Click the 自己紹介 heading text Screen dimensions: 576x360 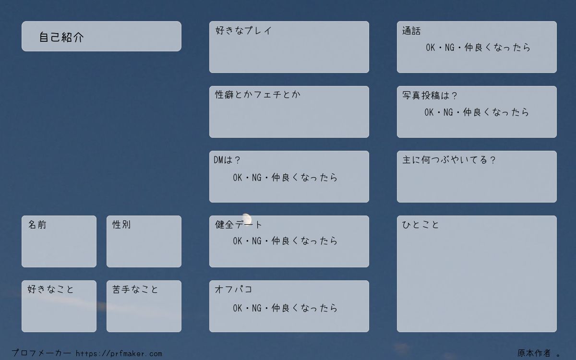[x=61, y=37]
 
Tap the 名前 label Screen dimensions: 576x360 [x=37, y=225]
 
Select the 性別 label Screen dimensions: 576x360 [x=121, y=225]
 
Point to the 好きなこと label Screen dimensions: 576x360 [x=50, y=289]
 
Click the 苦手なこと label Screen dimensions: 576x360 [x=135, y=289]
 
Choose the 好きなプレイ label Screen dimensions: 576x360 [x=243, y=30]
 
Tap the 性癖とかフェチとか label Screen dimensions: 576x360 [x=258, y=95]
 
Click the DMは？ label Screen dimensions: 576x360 [x=227, y=160]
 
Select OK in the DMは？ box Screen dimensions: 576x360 [x=238, y=178]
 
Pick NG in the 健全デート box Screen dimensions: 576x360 [x=257, y=241]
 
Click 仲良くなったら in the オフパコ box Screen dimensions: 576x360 [x=304, y=308]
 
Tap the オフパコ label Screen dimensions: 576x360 [x=233, y=289]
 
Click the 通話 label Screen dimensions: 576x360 [x=411, y=31]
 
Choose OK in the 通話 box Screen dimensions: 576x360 [x=431, y=48]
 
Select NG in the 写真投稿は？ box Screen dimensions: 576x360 [x=448, y=112]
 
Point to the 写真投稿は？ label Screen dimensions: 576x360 [x=430, y=96]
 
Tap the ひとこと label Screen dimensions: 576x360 [x=420, y=225]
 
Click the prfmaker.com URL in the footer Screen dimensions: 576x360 [x=119, y=354]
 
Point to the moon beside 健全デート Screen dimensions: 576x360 [x=247, y=218]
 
